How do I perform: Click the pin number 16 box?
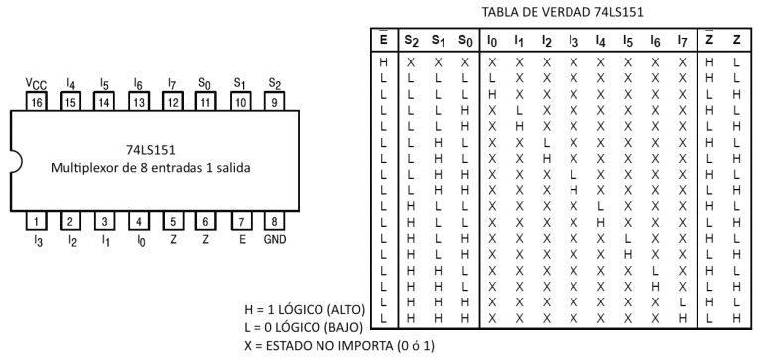click(x=37, y=101)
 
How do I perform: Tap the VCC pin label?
click(x=37, y=85)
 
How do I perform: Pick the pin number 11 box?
click(x=205, y=101)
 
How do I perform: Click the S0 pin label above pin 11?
click(x=205, y=85)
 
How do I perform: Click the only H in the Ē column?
click(x=383, y=60)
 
